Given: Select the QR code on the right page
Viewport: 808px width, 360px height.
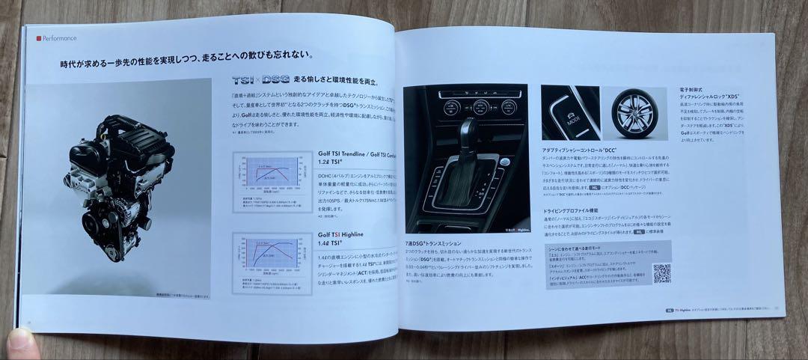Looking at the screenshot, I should point(661,273).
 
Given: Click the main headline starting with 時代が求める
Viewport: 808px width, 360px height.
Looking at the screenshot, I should point(187,55).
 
